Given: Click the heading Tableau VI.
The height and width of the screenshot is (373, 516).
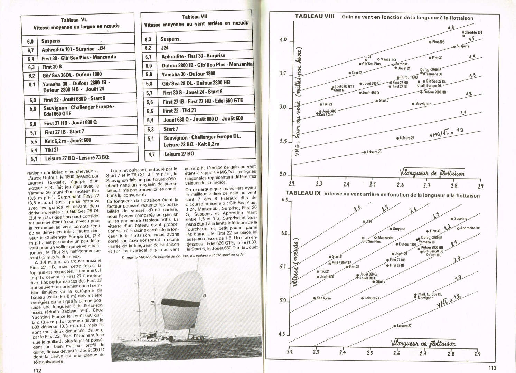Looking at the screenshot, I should tap(74, 20).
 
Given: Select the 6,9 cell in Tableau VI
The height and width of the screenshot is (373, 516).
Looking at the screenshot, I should tap(30, 41).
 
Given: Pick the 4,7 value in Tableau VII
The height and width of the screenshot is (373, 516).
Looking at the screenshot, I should tap(151, 154).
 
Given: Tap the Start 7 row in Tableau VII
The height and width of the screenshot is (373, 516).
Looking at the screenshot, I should tap(171, 129).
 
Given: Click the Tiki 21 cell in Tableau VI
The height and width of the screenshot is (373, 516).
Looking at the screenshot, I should tap(51, 150).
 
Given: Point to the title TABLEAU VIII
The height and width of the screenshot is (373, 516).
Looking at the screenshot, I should tap(315, 16).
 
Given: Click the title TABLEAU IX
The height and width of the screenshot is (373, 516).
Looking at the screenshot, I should tap(303, 193).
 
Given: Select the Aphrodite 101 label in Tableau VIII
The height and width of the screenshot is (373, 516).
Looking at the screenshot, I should tap(472, 32).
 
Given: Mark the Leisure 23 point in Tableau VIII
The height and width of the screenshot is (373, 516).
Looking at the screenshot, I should tap(365, 152).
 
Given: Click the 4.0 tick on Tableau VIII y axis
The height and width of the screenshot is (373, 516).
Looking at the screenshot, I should tap(283, 40).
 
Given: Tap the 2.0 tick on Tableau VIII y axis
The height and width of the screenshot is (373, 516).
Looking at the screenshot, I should tap(283, 174).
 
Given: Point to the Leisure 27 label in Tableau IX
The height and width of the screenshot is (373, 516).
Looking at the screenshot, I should tap(404, 326).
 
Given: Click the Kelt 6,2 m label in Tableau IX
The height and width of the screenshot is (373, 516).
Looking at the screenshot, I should tap(323, 298).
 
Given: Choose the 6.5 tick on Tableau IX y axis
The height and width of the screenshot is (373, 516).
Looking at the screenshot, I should tap(285, 200).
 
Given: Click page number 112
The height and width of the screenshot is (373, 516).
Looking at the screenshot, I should tap(37, 370).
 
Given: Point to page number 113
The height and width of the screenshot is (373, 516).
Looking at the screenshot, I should tap(492, 368).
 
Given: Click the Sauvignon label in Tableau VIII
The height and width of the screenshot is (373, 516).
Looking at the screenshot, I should tap(423, 104).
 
